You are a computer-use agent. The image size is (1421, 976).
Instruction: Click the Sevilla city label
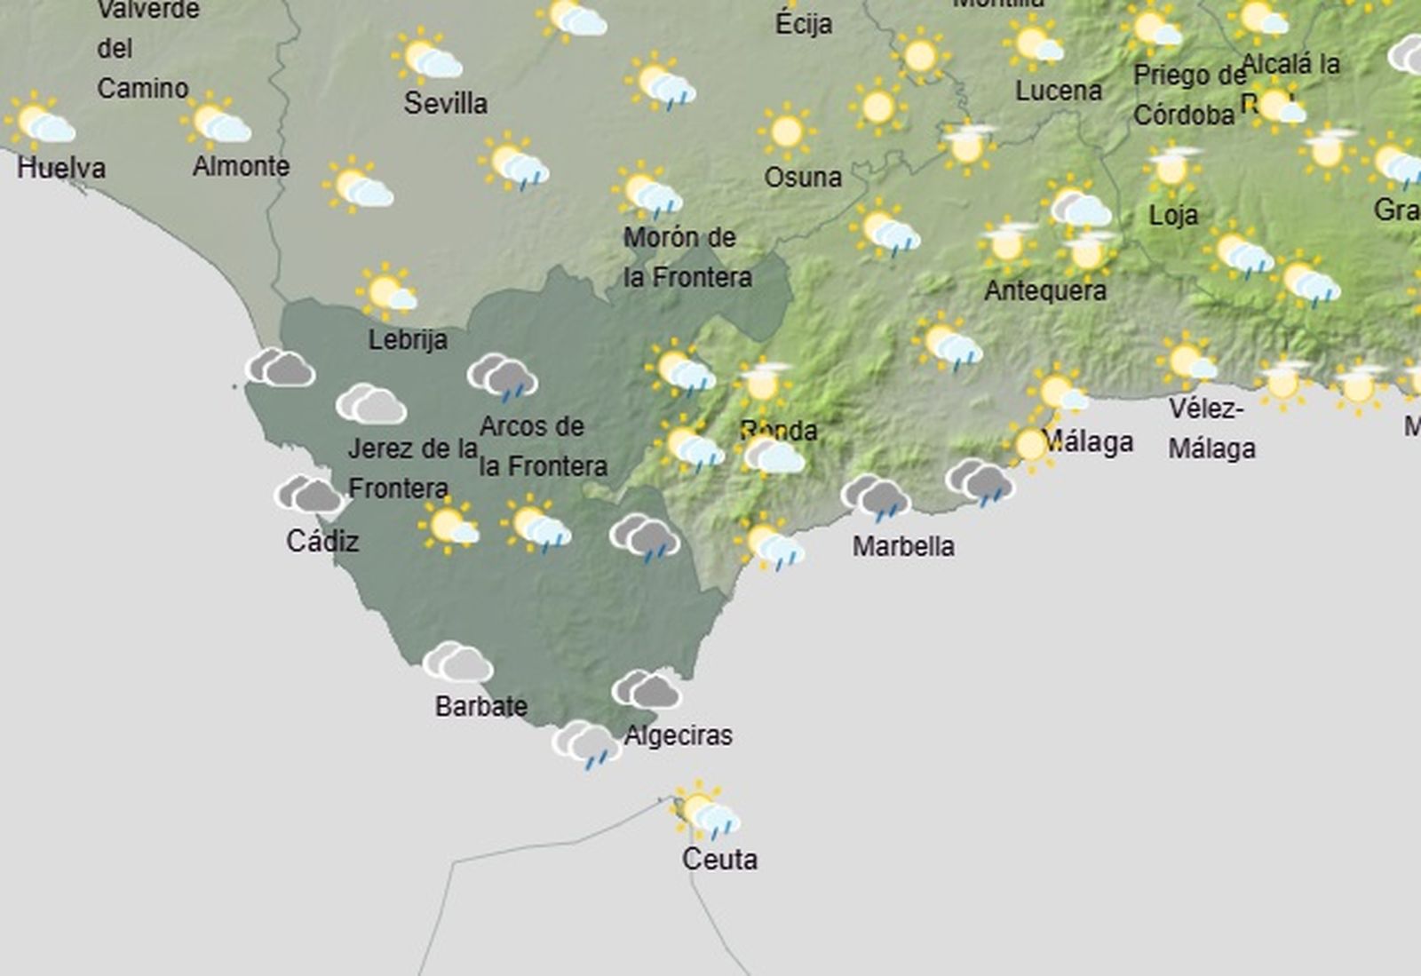(445, 103)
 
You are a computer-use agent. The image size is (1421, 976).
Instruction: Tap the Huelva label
(60, 167)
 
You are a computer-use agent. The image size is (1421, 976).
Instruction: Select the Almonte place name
(241, 165)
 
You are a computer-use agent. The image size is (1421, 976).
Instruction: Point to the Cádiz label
(322, 540)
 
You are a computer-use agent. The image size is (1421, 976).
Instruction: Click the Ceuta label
(719, 859)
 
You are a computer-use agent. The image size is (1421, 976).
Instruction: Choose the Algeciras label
(679, 735)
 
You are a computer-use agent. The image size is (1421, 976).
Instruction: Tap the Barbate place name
(481, 706)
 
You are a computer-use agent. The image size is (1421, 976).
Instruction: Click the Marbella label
(903, 545)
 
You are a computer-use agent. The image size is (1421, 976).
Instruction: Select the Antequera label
(1045, 290)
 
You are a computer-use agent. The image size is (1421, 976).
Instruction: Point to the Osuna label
(803, 177)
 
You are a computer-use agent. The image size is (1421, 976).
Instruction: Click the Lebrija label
(408, 338)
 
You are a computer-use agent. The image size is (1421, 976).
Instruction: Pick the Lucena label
(1059, 90)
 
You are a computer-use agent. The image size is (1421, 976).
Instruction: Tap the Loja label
(1173, 214)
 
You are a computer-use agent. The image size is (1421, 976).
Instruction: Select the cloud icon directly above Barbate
(457, 663)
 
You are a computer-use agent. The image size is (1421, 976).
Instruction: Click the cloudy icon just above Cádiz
(309, 494)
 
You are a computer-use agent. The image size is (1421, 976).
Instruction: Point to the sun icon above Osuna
(787, 131)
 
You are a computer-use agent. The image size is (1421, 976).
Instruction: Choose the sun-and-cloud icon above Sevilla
(428, 57)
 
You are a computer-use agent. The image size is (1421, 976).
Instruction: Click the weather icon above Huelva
(41, 123)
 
